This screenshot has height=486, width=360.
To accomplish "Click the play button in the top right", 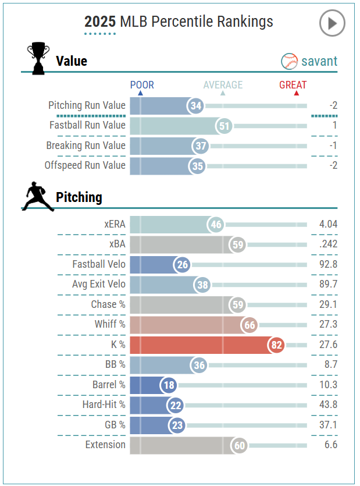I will pos(332,23).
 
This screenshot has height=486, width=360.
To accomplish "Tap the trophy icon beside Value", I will pos(38,59).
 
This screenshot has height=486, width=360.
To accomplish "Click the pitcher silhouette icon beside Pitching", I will pos(37,196).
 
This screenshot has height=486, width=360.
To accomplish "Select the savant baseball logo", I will pos(289,61).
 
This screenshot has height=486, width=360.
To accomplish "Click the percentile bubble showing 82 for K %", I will pos(276,345).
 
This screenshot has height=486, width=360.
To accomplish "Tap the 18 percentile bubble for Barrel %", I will pos(169,385).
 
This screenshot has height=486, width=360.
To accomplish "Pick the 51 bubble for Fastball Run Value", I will pos(223,126).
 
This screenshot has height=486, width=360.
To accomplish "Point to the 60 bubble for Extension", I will pos(238,446).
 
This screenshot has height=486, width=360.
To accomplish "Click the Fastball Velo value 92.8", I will pos(328,264).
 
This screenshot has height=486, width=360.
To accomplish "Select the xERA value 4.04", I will pos(328,224).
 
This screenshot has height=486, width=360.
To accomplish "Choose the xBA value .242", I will pos(328,244).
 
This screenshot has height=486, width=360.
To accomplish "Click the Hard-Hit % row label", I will pos(104,405).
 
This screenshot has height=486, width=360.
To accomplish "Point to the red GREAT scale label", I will pos(293,85).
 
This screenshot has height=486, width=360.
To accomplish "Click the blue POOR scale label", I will pos(142,85).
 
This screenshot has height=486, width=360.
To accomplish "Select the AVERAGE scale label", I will pos(223,85).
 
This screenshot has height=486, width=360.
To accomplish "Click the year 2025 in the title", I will pos(99,22).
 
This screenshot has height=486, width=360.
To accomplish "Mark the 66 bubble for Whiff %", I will pos(250,325).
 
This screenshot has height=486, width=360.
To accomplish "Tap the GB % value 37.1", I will pos(328,425).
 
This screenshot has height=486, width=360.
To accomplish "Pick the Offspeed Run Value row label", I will pos(85,165).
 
